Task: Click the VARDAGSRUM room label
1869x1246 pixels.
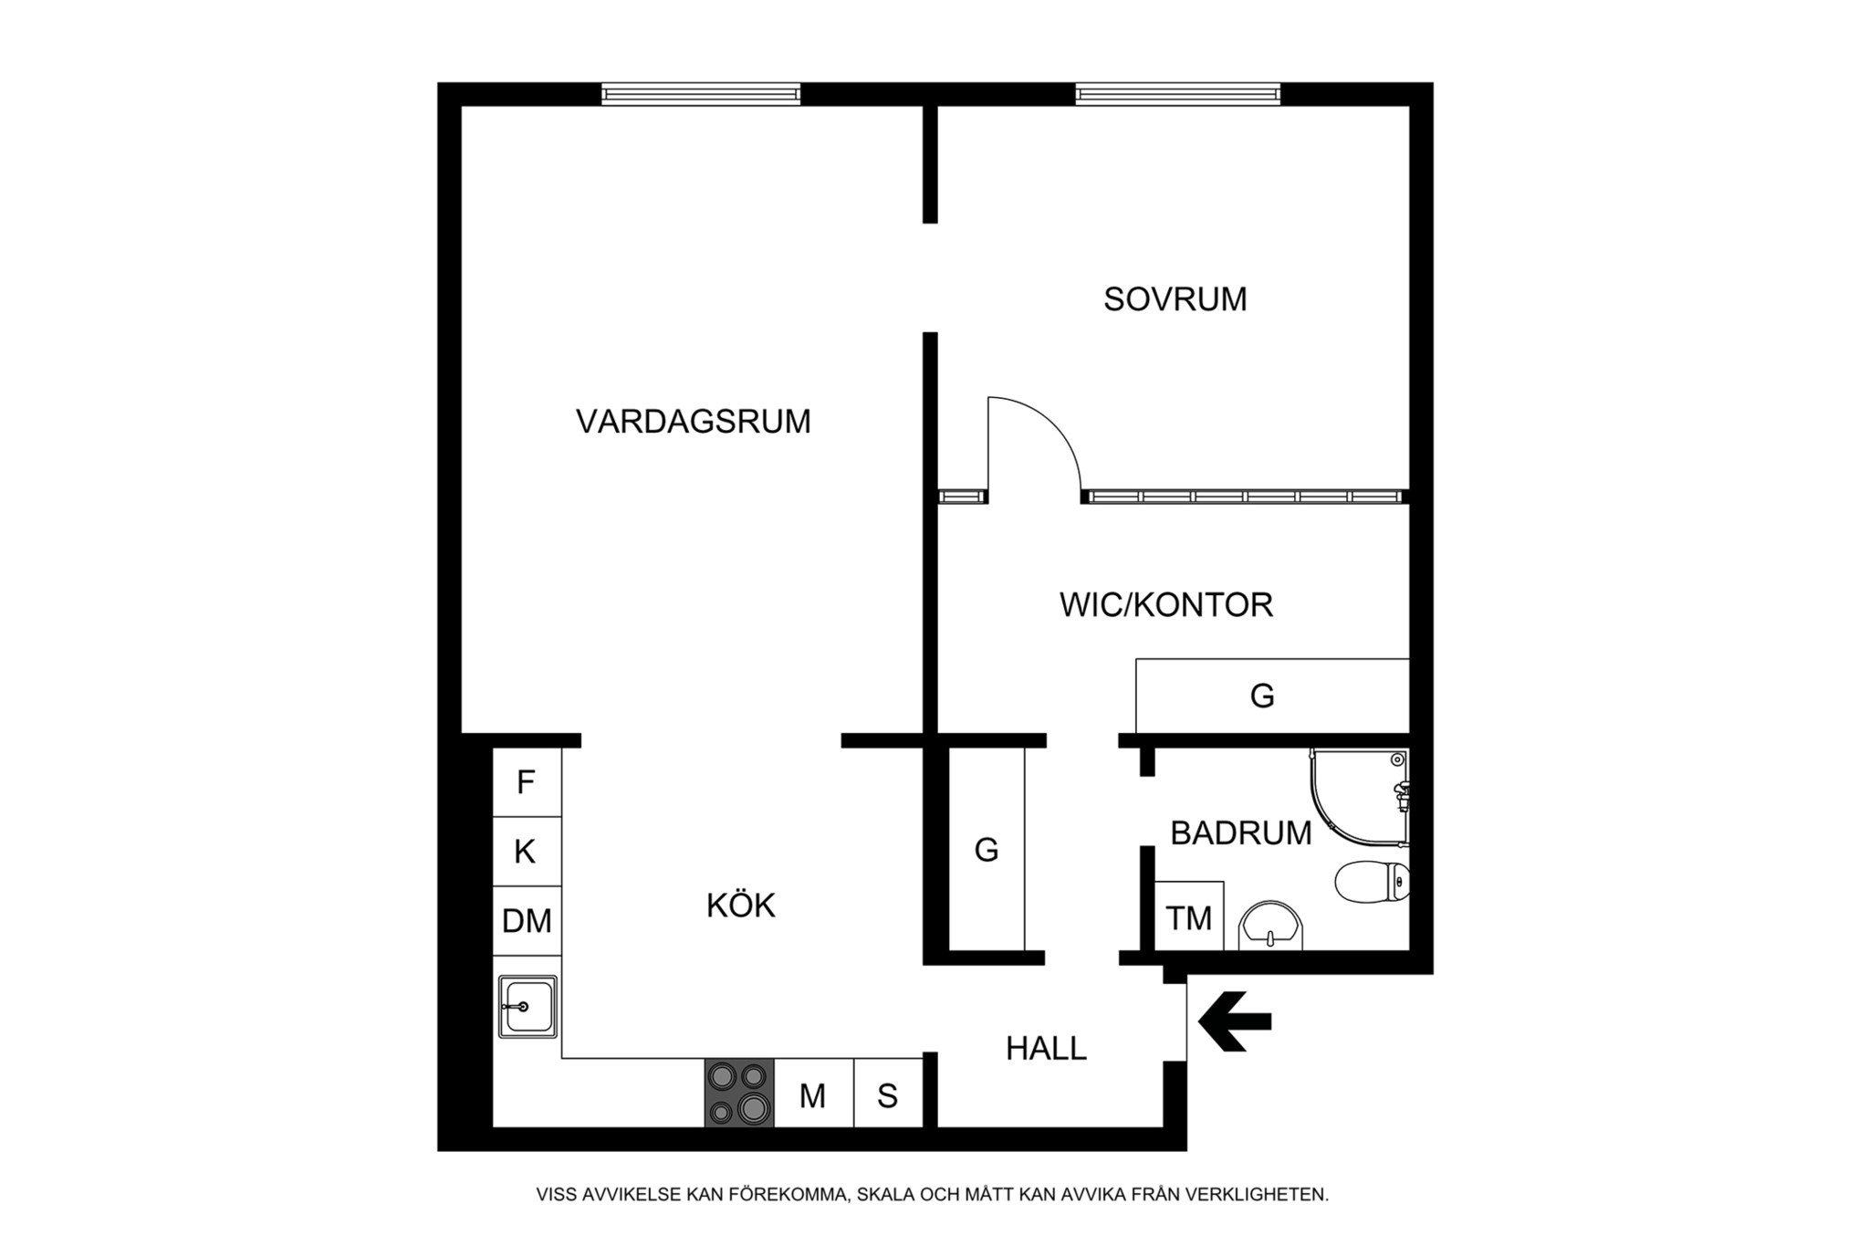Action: pyautogui.click(x=694, y=422)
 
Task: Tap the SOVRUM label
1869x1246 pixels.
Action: pyautogui.click(x=1175, y=299)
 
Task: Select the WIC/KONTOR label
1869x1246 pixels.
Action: pyautogui.click(x=1166, y=605)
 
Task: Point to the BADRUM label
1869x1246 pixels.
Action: pyautogui.click(x=1241, y=833)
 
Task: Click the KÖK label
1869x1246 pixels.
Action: pyautogui.click(x=741, y=905)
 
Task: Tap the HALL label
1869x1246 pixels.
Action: pyautogui.click(x=1046, y=1049)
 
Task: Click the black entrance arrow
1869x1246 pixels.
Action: pyautogui.click(x=1235, y=1021)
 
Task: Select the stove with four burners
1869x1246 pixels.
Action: pyautogui.click(x=739, y=1093)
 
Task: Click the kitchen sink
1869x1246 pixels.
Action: pyautogui.click(x=527, y=1007)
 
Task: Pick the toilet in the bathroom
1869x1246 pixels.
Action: pyautogui.click(x=1372, y=883)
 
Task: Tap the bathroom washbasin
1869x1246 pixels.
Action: pyautogui.click(x=1271, y=927)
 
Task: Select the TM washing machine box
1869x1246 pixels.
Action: pyautogui.click(x=1189, y=916)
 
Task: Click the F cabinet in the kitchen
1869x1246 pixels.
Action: pyautogui.click(x=527, y=782)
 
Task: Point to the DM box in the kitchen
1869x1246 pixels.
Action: pyautogui.click(x=527, y=921)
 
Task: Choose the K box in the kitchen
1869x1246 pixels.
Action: pyautogui.click(x=527, y=852)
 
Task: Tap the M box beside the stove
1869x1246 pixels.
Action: pyautogui.click(x=813, y=1094)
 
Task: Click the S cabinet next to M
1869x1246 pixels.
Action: pyautogui.click(x=888, y=1094)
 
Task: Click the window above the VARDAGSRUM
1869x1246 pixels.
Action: pyautogui.click(x=701, y=94)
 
